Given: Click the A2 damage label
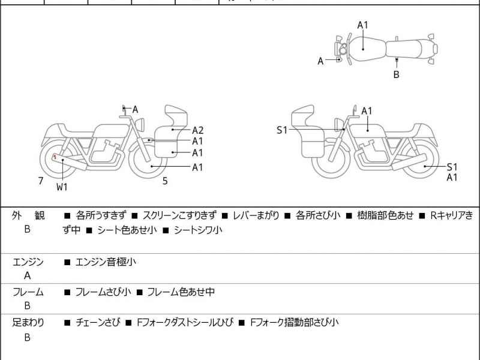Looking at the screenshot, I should (198, 130).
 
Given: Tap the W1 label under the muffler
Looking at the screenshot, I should (62, 187).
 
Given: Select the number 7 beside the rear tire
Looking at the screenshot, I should (40, 181).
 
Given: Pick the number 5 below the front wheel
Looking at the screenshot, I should (165, 181).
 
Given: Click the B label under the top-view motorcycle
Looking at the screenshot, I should (396, 75).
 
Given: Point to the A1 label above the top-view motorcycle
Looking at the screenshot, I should (363, 25).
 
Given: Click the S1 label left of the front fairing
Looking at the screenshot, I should (282, 130).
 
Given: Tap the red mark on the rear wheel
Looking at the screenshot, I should (55, 157).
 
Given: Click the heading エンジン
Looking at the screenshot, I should (28, 262).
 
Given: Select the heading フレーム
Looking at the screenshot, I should (28, 292).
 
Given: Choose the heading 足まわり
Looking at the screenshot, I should (28, 323).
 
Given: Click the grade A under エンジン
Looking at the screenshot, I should (28, 276).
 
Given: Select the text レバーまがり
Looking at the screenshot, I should (256, 215).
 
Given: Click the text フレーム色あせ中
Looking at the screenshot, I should (181, 292).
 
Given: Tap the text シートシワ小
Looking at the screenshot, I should (198, 230).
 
